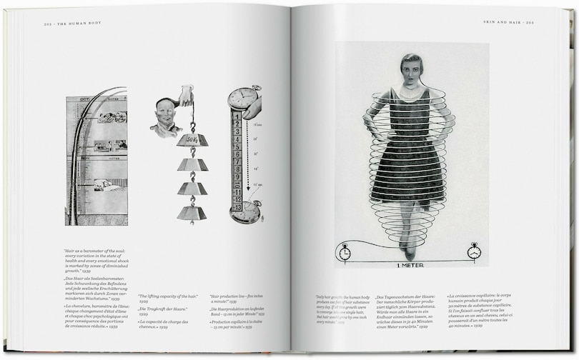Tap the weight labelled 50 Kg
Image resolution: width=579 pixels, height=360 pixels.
pos(192,139)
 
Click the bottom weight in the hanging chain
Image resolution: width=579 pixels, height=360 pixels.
pos(192,212)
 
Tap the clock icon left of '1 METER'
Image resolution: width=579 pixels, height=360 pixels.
pos(345,251)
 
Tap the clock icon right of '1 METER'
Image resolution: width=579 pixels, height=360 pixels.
pos(474,251)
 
